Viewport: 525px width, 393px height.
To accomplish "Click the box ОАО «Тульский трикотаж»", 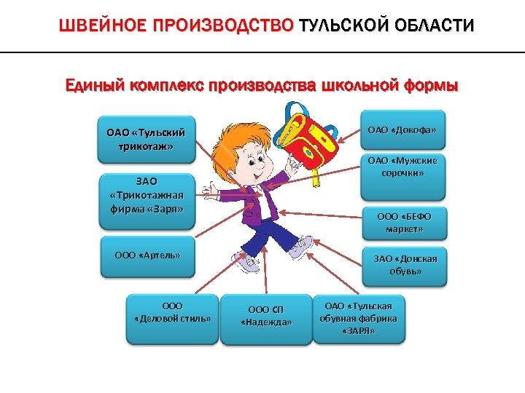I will pos(146,138).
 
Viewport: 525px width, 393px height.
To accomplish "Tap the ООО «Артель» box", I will pos(147,256).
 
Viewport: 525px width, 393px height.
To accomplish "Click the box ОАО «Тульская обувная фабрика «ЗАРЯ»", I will pos(359,317).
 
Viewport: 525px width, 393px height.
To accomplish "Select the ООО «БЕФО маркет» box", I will pos(404,223).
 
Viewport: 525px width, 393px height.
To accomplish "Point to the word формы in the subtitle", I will pos(430,87).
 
